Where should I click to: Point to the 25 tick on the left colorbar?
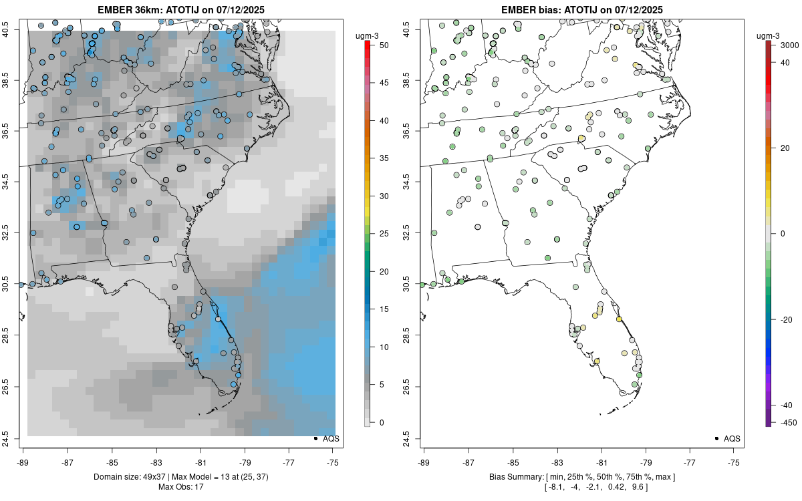click(x=379, y=234)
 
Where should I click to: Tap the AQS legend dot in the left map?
click(x=315, y=439)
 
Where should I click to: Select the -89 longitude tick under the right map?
click(x=424, y=462)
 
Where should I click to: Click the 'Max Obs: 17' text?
click(x=181, y=487)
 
